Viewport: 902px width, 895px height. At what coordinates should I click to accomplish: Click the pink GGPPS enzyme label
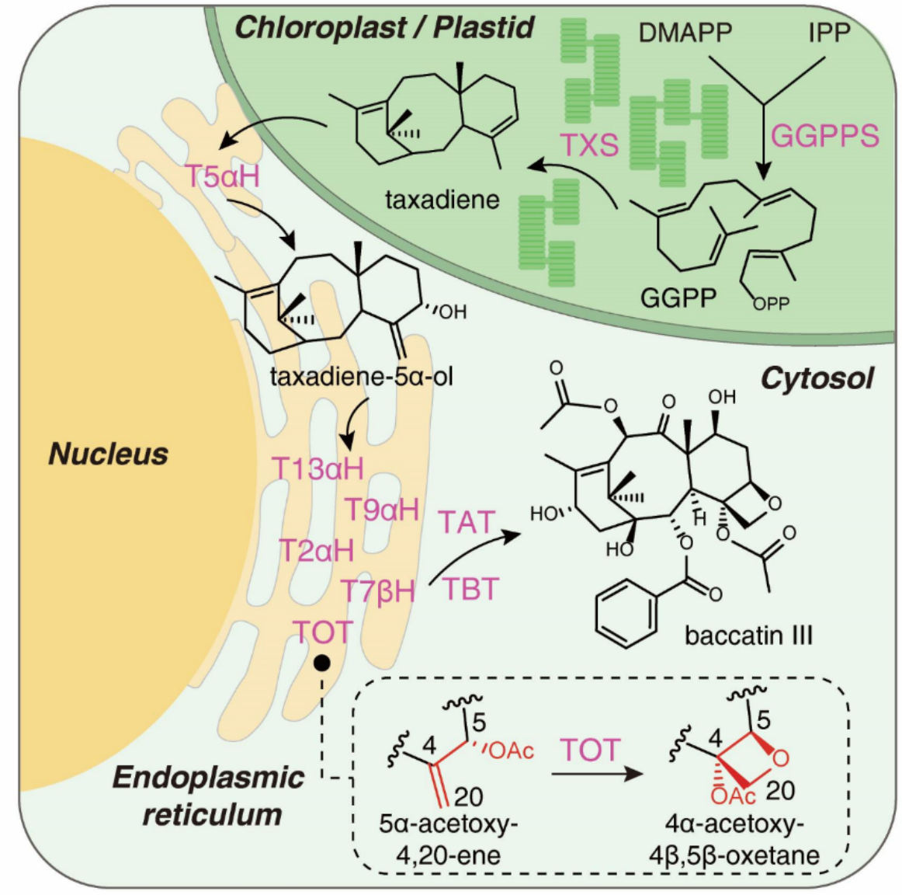(x=824, y=136)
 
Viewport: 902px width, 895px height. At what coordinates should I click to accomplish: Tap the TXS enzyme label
(x=590, y=145)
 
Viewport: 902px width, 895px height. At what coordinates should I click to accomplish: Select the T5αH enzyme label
(x=222, y=176)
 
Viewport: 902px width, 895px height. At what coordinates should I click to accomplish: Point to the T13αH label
(x=317, y=468)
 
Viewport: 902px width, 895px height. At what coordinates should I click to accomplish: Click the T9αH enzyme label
(x=381, y=510)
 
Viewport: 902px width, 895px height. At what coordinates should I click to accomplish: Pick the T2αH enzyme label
(x=316, y=551)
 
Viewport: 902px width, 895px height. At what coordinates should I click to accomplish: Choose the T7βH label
(x=378, y=591)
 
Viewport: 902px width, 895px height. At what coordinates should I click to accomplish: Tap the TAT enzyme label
(x=466, y=522)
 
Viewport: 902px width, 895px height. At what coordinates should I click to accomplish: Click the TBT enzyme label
(x=470, y=589)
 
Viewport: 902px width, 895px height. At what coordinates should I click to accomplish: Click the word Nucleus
(x=109, y=454)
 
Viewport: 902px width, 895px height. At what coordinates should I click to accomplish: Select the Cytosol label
(x=817, y=378)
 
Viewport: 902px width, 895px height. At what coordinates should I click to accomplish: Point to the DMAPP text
(x=685, y=33)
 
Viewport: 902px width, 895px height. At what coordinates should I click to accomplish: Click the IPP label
(x=829, y=33)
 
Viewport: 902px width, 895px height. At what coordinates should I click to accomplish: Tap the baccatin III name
(x=748, y=636)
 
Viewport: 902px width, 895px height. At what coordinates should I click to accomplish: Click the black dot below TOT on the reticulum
(x=321, y=663)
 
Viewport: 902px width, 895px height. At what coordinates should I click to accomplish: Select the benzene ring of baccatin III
(x=626, y=616)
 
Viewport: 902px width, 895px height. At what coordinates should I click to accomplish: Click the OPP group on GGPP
(x=770, y=303)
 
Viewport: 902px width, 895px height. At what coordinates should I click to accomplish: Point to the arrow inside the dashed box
(x=597, y=774)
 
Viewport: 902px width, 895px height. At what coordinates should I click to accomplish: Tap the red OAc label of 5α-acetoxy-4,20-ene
(x=512, y=750)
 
